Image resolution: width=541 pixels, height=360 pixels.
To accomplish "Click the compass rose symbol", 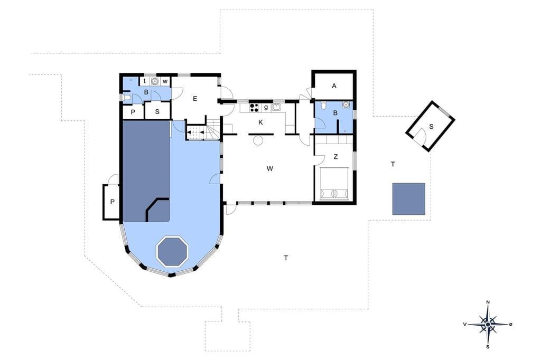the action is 488,325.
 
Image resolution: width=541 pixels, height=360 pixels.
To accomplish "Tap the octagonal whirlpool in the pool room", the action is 173,251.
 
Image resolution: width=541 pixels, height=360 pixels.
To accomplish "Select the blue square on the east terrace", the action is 408,199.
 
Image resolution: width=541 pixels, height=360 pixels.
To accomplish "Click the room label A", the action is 334,86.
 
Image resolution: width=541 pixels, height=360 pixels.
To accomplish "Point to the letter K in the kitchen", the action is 261,122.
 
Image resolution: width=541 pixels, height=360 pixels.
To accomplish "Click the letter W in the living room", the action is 270,168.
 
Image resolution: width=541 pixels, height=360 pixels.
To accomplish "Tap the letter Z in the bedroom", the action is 335,157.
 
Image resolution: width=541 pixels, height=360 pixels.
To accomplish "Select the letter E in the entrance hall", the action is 195,99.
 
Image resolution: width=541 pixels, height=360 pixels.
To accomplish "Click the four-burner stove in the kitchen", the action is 255,108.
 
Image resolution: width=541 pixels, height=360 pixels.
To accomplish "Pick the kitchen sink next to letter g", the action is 276,107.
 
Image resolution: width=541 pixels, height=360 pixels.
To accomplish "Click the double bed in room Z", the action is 334,184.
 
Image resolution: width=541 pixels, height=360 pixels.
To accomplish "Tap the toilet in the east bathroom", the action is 323,105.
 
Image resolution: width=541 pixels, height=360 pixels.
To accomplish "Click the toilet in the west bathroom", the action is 127,98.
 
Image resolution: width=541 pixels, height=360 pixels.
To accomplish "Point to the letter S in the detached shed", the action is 431,127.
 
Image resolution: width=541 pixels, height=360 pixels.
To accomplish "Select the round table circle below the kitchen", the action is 258,141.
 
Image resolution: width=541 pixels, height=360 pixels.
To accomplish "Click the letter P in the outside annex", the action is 112,202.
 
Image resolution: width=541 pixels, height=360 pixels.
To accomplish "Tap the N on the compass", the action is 488,302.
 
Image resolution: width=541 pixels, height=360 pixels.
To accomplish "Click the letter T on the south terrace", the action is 286,258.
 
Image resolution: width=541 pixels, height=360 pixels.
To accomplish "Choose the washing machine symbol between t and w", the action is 155,81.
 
